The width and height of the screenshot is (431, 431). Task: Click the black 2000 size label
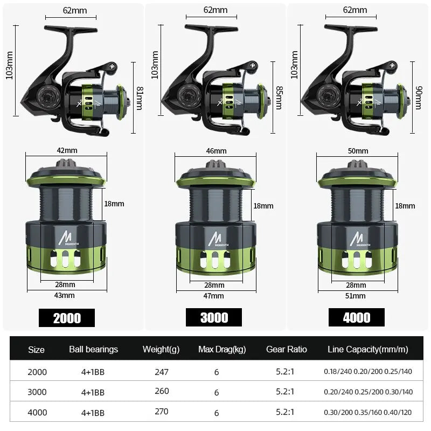[x=67, y=318]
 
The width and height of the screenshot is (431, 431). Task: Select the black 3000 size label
[x=214, y=317]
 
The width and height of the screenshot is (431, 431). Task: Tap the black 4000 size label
[x=357, y=317]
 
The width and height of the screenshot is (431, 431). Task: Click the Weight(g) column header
[x=161, y=350]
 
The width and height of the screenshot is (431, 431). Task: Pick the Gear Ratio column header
[x=287, y=350]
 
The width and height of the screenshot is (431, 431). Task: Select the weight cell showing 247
[x=161, y=372]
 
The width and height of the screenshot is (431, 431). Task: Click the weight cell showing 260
[x=161, y=392]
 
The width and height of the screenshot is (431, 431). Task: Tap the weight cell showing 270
[x=161, y=412]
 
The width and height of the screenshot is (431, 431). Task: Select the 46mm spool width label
[x=216, y=151]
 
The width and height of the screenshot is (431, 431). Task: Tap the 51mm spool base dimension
[x=356, y=296]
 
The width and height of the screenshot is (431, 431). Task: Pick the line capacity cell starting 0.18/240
[x=368, y=372]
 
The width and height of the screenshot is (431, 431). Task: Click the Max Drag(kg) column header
[x=222, y=350]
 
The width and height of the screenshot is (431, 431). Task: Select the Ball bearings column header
[x=93, y=350]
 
